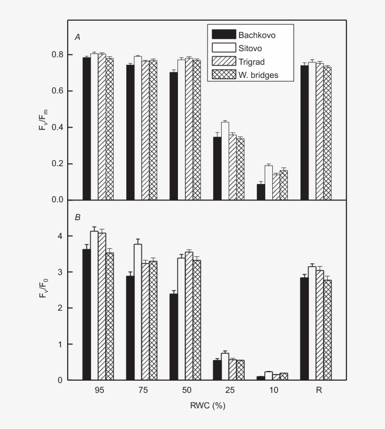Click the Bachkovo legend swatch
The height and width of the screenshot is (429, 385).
pos(223,34)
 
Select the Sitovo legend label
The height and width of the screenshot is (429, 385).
pos(250,48)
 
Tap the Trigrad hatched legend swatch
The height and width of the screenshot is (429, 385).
pos(223,61)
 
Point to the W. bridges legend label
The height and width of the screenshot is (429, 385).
pos(258,75)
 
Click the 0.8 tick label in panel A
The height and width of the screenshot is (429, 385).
pos(56,54)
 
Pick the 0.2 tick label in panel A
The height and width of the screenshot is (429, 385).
pos(56,164)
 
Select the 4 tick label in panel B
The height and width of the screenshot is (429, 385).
pos(59,236)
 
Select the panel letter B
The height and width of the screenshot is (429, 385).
pos(77,217)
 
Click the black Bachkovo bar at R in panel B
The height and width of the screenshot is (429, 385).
pos(304,329)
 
